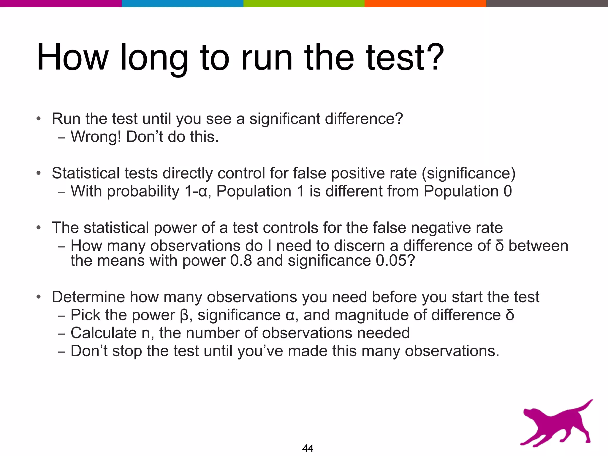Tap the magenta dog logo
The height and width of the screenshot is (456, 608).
pos(555,425)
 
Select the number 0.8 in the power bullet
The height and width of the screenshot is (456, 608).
pos(241,261)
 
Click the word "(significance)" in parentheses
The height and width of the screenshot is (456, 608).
pos(468,173)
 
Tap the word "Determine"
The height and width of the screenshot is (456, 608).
pos(88,297)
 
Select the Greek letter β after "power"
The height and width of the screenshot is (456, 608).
pos(184,315)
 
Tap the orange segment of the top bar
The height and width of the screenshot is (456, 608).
pos(425,3)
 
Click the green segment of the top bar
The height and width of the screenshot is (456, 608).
pos(304,3)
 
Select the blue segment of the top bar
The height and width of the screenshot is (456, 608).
pos(182,3)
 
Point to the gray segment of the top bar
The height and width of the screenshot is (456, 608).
pos(547,3)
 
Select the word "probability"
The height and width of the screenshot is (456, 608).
pos(143,191)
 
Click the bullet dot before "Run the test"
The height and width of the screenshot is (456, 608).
pos(38,119)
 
